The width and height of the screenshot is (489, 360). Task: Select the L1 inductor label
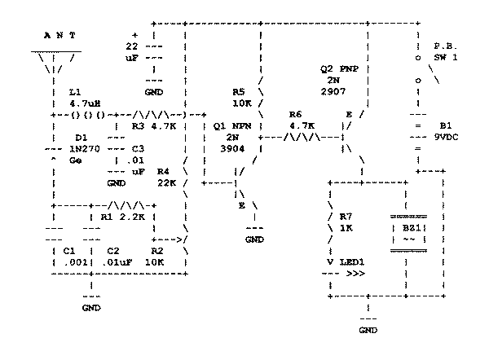75,93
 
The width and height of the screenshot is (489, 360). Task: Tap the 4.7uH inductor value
85,103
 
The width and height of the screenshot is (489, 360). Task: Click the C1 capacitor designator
68,252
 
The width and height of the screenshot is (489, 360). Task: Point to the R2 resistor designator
157,252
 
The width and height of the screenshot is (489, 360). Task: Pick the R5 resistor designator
239,92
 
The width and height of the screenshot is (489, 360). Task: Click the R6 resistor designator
296,115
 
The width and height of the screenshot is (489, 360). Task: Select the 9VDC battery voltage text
445,138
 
